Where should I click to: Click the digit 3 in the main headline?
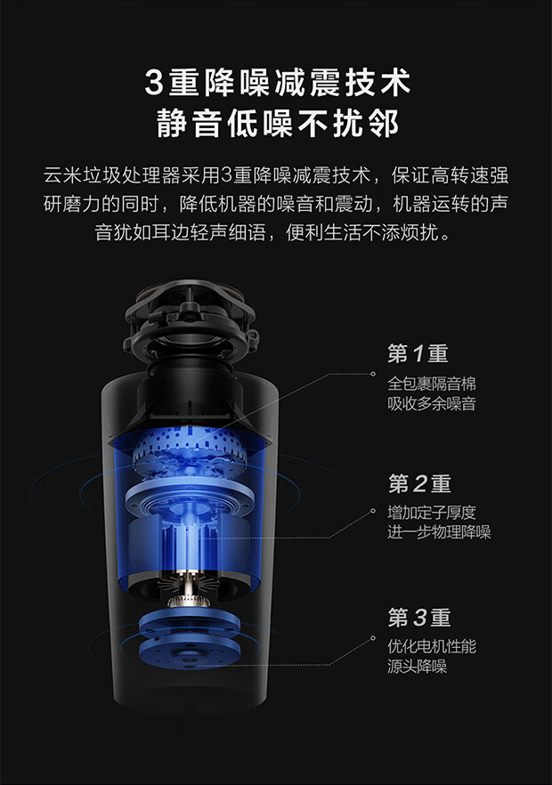click(154, 83)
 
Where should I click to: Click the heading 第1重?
click(418, 353)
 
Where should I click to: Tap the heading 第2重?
click(419, 483)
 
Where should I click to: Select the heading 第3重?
click(419, 618)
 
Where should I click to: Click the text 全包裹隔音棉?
click(431, 384)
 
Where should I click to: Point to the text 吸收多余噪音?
click(431, 403)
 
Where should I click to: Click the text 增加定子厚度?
click(431, 512)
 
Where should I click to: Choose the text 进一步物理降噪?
click(439, 531)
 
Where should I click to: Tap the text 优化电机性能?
click(431, 646)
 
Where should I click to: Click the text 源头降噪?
click(417, 667)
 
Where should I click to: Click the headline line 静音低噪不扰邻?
click(278, 123)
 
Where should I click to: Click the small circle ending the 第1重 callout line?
click(373, 374)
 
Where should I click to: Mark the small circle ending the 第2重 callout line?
click(373, 511)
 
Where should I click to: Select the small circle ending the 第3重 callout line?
click(373, 638)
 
